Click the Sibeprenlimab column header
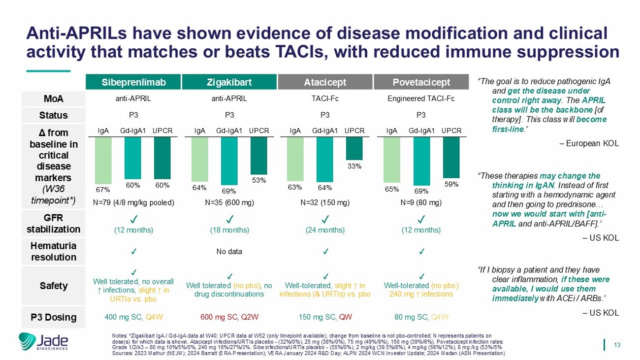(133, 82)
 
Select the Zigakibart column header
(229, 82)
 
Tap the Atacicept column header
(324, 82)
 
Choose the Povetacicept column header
(420, 82)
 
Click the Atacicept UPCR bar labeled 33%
(354, 148)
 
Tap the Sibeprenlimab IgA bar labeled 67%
(103, 160)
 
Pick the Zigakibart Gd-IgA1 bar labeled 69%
(229, 161)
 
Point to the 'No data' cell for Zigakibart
(229, 252)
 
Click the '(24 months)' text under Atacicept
(324, 230)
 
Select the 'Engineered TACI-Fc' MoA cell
(420, 98)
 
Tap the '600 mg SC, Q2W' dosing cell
(229, 317)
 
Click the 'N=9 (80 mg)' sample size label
(420, 202)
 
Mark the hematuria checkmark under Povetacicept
(420, 252)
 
